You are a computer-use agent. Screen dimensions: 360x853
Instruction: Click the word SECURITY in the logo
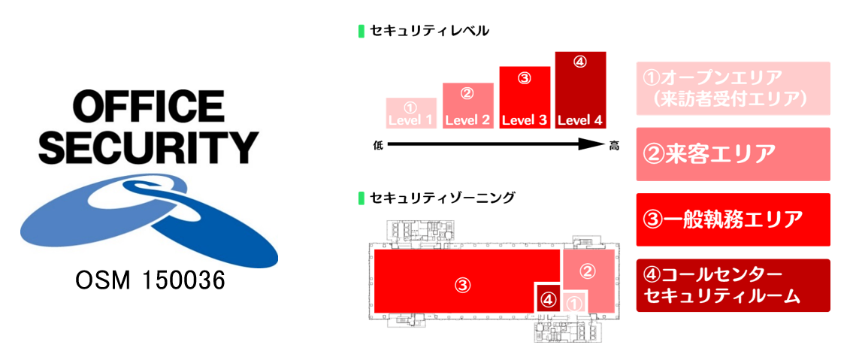(149, 147)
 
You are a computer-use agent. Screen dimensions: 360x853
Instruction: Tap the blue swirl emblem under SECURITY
(149, 218)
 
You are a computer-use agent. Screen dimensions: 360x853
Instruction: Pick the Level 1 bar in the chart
(411, 113)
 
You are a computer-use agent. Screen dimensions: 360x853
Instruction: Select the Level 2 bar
(467, 106)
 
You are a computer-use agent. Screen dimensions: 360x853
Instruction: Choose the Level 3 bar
(525, 97)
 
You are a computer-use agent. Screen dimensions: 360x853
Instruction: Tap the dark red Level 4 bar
(580, 90)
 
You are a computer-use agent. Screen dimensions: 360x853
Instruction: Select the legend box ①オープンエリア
(733, 88)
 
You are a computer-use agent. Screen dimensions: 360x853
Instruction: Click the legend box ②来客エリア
(733, 154)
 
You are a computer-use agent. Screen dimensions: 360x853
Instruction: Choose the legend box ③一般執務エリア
(733, 219)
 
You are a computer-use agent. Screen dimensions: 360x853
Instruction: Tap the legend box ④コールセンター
(733, 286)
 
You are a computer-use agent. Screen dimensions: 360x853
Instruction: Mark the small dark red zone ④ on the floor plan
(548, 299)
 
